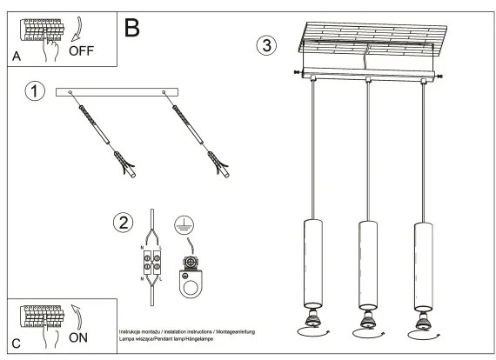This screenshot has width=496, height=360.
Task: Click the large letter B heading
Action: pyautogui.click(x=132, y=27)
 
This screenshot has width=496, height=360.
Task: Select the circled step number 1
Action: pyautogui.click(x=34, y=91)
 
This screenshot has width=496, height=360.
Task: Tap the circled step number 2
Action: pyautogui.click(x=124, y=223)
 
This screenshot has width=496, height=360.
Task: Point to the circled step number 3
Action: pyautogui.click(x=267, y=44)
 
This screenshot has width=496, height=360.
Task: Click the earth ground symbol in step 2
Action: pyautogui.click(x=184, y=223)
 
